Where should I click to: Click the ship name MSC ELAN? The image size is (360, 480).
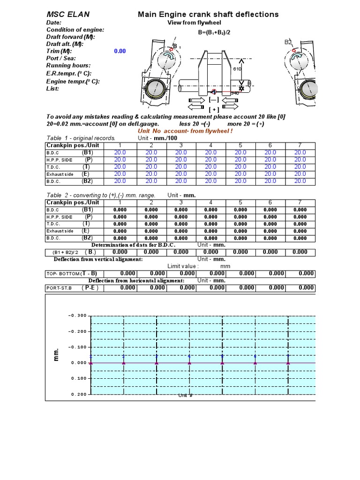tap(68, 15)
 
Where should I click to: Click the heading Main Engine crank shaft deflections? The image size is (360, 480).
tap(208, 15)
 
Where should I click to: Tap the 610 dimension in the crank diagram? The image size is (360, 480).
tap(237, 69)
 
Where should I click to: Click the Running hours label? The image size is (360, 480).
tap(68, 66)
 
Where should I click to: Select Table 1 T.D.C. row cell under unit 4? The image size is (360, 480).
tap(211, 166)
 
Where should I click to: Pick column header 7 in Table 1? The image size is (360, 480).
tap(300, 145)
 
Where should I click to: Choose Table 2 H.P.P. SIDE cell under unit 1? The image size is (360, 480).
tap(120, 217)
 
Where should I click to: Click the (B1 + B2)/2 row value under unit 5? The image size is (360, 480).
tap(240, 252)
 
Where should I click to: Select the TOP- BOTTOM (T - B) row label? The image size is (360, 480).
tap(71, 273)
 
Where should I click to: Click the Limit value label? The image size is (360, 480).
tap(183, 266)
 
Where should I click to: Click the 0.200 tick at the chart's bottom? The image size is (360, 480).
tap(79, 394)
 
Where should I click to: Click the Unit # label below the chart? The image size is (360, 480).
tap(186, 396)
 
